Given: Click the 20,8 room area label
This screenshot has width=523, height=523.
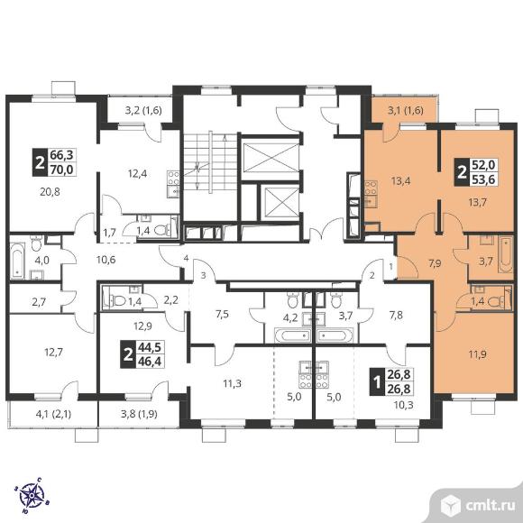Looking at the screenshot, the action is pos(50,192).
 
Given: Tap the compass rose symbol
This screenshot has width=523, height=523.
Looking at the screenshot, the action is pos(32,495).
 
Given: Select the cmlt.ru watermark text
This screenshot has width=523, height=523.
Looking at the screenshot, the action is pos(491,506).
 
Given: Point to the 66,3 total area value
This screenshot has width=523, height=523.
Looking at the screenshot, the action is pos(61,155).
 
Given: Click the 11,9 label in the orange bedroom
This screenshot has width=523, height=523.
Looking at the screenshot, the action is pos(478,354).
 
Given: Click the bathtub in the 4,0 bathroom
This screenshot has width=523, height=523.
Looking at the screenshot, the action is pos(17,261).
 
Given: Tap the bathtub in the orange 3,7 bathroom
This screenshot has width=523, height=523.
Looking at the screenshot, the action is pos(505,254).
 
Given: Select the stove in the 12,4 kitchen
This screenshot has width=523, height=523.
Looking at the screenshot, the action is pos(173,178).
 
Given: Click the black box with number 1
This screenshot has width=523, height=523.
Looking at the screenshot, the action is pos(377,382).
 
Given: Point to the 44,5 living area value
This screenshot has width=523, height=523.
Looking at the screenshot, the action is pos(150,347).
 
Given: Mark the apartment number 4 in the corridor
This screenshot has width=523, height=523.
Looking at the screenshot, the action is pos(186,258).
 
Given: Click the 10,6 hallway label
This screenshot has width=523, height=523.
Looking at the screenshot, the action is pos(106,259).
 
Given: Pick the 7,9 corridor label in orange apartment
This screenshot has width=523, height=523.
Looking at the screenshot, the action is pos(435,263).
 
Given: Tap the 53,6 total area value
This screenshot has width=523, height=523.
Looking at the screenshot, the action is pos(483,179).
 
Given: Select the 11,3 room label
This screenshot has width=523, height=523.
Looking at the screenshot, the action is pos(232,383).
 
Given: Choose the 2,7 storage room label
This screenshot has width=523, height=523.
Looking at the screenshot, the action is pos(39,302).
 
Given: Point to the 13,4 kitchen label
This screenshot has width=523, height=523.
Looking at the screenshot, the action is pos(400,181).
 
